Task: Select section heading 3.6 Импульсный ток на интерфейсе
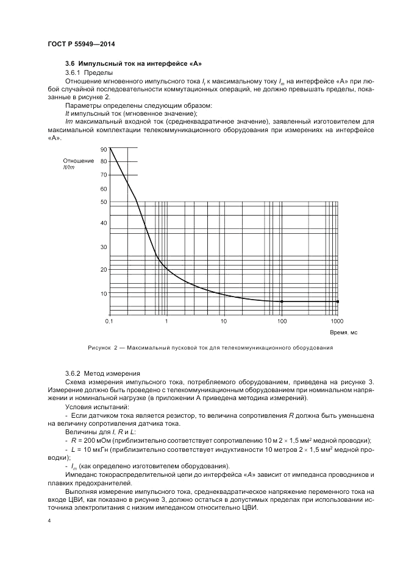pos(133,64)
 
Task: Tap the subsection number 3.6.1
pos(74,73)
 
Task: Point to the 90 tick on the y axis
pos(103,149)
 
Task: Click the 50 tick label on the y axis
pos(103,202)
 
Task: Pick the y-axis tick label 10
pos(103,293)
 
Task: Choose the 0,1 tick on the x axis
pos(109,320)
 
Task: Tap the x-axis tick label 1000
pos(337,320)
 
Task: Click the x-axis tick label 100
pos(282,320)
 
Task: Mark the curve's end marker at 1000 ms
pos(338,301)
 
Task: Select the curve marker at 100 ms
pos(282,301)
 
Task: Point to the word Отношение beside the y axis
pos(77,161)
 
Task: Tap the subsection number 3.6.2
pos(74,373)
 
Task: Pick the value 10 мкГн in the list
pos(95,448)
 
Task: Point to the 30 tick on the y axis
pos(103,247)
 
